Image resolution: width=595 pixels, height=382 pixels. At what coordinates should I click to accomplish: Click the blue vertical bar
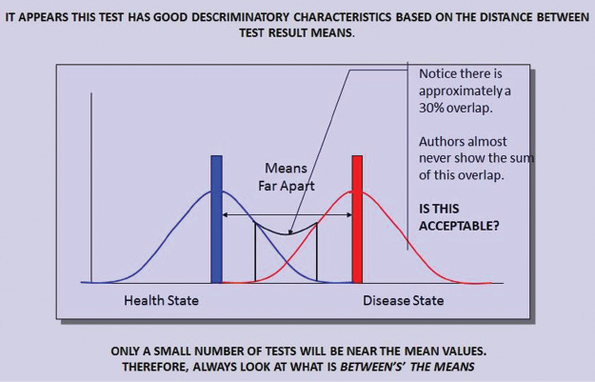[217, 219]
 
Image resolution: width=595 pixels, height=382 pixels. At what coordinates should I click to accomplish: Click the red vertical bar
[357, 219]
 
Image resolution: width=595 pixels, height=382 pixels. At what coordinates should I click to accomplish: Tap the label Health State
[163, 301]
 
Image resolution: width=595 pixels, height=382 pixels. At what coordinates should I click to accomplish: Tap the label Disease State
[403, 301]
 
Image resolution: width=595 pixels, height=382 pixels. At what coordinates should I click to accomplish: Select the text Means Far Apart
[285, 175]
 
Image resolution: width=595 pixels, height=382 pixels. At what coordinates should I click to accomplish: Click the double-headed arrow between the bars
[287, 215]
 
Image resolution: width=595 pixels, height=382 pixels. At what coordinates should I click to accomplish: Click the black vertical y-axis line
[91, 191]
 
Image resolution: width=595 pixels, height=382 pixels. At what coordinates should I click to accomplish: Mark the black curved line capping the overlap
[286, 231]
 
